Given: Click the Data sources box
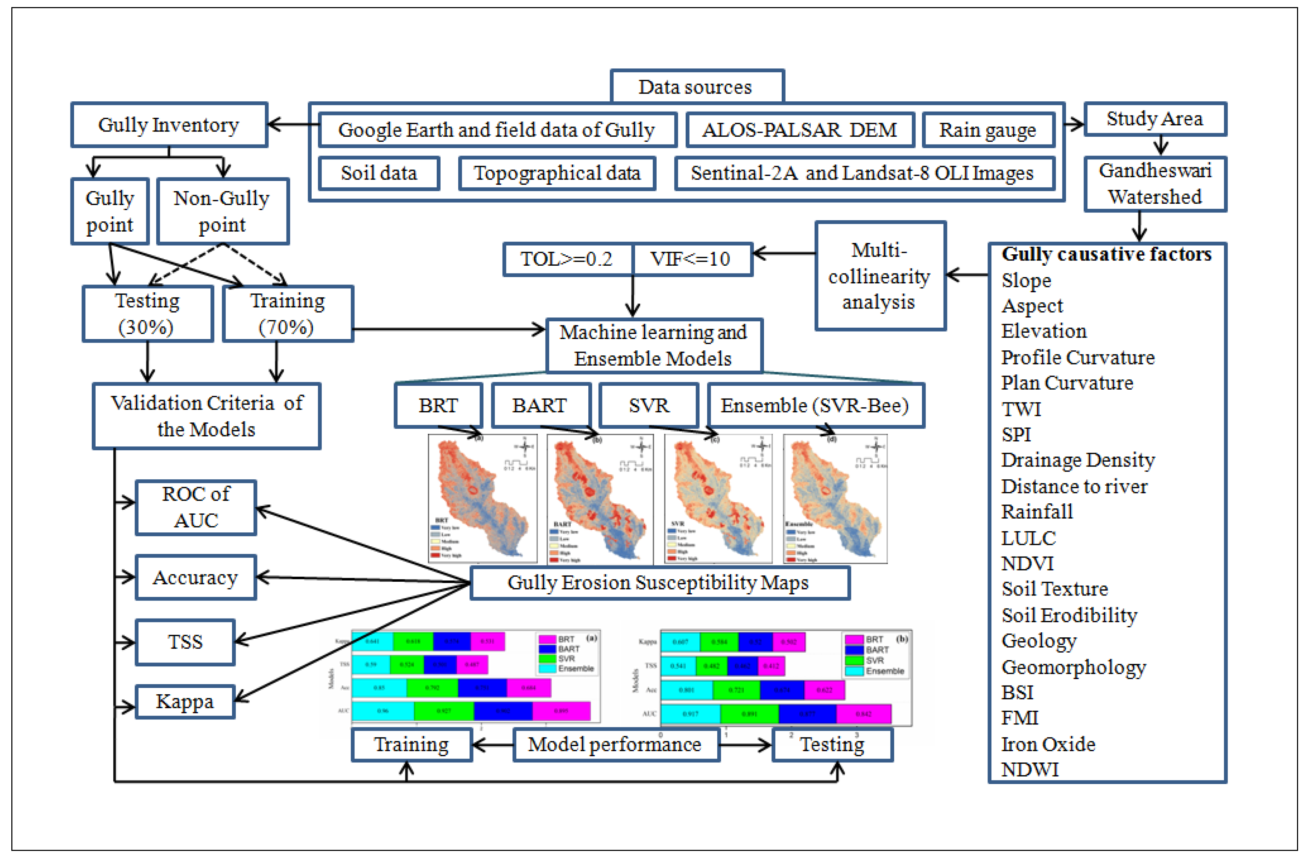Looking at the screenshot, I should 696,87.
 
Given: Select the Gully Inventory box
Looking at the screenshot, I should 169,125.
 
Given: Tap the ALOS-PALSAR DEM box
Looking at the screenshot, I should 800,130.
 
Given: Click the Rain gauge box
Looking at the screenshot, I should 987,130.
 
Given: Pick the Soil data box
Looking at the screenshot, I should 379,173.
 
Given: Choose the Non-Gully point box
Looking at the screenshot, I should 222,211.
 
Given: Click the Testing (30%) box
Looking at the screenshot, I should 147,314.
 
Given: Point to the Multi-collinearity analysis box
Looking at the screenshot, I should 879,276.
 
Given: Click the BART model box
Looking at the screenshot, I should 540,406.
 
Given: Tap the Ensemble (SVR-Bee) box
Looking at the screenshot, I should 815,406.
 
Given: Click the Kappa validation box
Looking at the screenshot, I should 185,702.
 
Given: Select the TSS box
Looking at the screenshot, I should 185,642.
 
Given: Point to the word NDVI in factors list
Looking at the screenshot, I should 1027,563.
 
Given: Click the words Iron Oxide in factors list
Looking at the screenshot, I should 1048,744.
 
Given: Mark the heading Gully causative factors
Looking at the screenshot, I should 1106,254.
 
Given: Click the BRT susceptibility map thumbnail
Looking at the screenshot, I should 482,498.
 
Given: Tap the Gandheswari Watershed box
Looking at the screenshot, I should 1155,184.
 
